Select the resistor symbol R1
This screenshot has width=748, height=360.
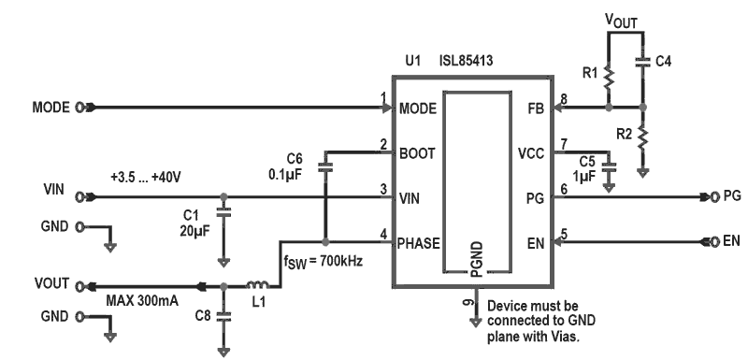[x=607, y=74]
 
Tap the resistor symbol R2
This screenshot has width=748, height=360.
[x=642, y=137]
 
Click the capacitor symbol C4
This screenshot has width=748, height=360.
[x=642, y=63]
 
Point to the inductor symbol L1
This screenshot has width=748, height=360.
[x=254, y=285]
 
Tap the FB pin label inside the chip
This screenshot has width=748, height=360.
[x=533, y=108]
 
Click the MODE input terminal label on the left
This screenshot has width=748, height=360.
[x=50, y=108]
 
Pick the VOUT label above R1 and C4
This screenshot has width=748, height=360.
[x=624, y=18]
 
